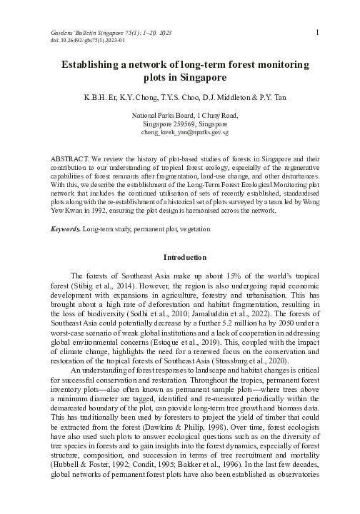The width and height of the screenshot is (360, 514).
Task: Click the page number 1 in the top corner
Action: (316, 33)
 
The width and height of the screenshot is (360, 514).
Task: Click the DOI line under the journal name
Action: (84, 41)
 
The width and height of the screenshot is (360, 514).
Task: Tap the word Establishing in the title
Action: (92, 64)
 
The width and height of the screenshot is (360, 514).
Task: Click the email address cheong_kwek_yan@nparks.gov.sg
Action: (184, 133)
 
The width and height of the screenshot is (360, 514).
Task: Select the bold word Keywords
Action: (66, 231)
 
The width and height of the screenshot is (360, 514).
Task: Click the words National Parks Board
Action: (160, 115)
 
